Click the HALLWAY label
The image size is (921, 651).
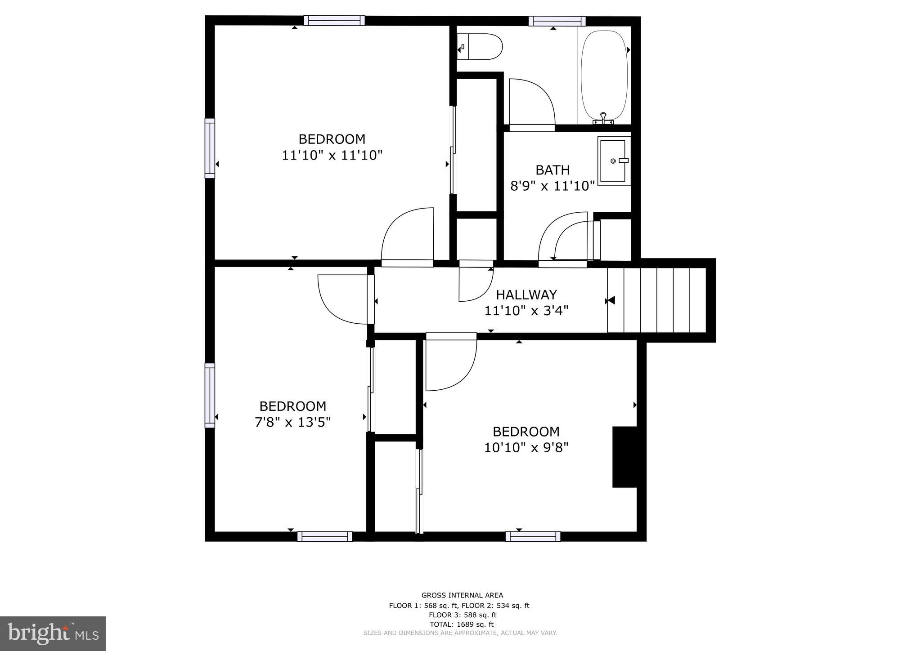pyautogui.click(x=526, y=295)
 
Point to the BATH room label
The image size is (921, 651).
pyautogui.click(x=553, y=170)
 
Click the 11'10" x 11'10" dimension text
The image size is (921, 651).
pyautogui.click(x=332, y=156)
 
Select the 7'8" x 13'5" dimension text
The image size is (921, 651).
pyautogui.click(x=292, y=423)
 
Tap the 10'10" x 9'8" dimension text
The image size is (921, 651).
pyautogui.click(x=526, y=448)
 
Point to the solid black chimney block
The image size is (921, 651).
pyautogui.click(x=624, y=457)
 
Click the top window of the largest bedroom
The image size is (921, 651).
pyautogui.click(x=334, y=21)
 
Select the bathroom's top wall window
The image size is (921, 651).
pyautogui.click(x=557, y=21)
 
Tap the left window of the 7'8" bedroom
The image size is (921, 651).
pyautogui.click(x=210, y=395)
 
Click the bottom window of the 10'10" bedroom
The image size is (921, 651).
pyautogui.click(x=533, y=536)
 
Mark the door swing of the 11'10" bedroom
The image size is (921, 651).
pyautogui.click(x=407, y=236)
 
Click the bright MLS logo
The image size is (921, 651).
pyautogui.click(x=53, y=634)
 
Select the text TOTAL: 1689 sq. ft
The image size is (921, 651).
pyautogui.click(x=462, y=624)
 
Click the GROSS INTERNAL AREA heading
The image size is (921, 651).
pyautogui.click(x=462, y=595)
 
